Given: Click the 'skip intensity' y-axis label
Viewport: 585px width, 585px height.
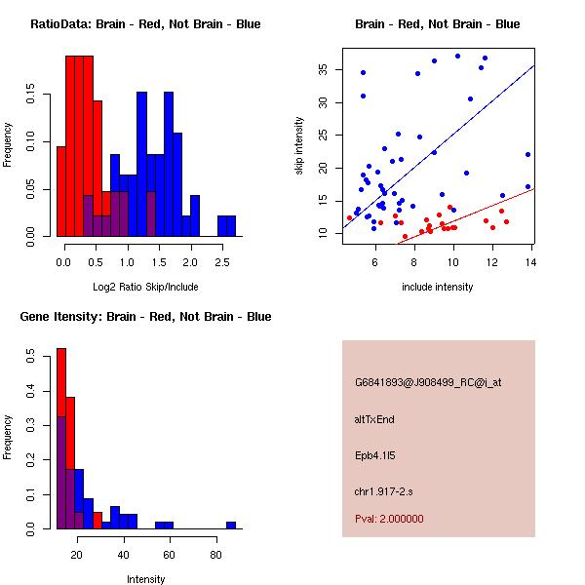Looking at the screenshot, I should (299, 145).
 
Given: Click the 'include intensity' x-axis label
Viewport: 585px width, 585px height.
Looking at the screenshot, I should (438, 287).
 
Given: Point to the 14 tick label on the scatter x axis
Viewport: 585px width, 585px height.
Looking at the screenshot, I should (530, 262).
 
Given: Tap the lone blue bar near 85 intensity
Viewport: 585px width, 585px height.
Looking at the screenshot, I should (231, 525).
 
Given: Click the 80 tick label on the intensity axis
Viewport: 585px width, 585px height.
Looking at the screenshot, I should (215, 555).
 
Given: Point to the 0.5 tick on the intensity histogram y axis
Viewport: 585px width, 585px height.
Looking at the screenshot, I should (35, 358).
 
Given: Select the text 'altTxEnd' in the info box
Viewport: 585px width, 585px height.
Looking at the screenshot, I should (374, 419).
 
